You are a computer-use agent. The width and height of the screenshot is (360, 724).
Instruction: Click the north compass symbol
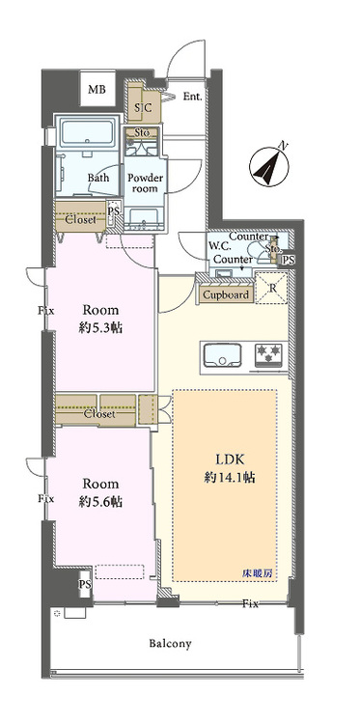point(269,166)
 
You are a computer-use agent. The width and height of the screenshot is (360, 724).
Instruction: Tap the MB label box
point(97,90)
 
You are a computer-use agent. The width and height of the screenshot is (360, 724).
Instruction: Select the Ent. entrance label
point(192,97)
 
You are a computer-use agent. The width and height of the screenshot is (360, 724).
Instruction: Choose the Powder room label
point(146,182)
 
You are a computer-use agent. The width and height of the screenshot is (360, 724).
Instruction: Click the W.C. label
point(218,246)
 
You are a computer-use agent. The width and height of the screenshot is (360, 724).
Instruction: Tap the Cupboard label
point(226,294)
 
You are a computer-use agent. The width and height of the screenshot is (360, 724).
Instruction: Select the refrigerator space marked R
point(272,289)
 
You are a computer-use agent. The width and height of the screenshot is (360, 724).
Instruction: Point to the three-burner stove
point(271,356)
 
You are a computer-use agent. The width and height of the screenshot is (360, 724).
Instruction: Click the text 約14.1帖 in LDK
point(230,478)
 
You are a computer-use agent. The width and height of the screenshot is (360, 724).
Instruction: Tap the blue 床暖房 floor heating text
point(258,574)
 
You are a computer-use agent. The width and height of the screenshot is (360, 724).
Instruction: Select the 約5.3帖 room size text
point(100,328)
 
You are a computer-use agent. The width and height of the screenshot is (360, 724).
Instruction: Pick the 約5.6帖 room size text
point(100,501)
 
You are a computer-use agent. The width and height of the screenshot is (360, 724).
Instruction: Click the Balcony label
point(170,644)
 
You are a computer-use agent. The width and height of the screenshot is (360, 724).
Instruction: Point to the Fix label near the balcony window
point(251,604)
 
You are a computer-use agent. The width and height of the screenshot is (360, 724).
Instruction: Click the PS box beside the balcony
point(85,585)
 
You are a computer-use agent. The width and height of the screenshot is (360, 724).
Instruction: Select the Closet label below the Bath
point(80,220)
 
